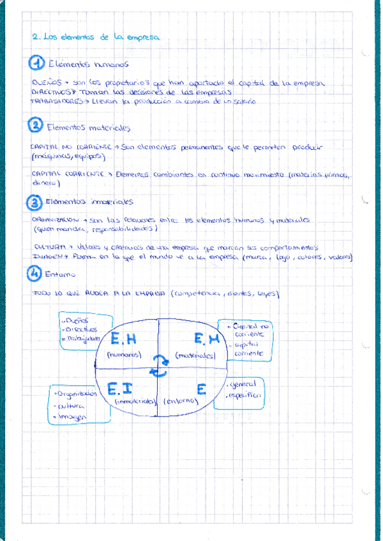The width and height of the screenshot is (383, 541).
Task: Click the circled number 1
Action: tap(38, 64)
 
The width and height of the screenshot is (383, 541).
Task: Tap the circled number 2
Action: tap(36, 126)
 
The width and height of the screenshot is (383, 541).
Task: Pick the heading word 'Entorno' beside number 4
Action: tap(61, 274)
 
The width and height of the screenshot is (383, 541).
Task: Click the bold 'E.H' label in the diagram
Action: tap(124, 340)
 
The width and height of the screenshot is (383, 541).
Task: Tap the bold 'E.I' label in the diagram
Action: tap(120, 388)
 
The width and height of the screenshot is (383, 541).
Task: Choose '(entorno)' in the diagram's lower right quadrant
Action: tap(180, 402)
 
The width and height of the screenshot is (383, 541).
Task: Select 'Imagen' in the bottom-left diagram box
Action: tap(73, 416)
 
